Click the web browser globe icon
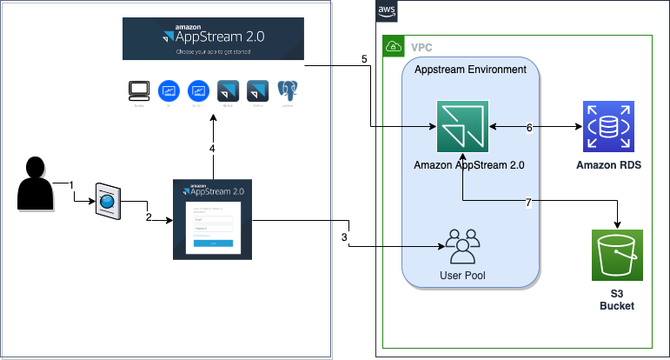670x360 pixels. [x=106, y=202]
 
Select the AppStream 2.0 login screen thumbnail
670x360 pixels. [x=212, y=218]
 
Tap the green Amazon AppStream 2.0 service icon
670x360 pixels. [x=463, y=126]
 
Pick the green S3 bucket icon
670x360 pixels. [x=617, y=256]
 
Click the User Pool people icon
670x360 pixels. [x=462, y=246]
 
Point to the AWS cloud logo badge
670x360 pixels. [x=387, y=11]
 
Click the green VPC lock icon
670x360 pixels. [x=393, y=46]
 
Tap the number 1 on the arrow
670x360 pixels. [x=72, y=184]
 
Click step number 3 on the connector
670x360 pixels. [x=344, y=237]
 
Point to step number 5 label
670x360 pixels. [x=365, y=60]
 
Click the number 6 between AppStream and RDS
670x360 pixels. [x=529, y=127]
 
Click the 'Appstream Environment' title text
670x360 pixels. [x=470, y=70]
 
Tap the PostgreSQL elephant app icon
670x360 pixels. [x=288, y=90]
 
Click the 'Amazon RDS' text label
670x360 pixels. [x=609, y=164]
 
